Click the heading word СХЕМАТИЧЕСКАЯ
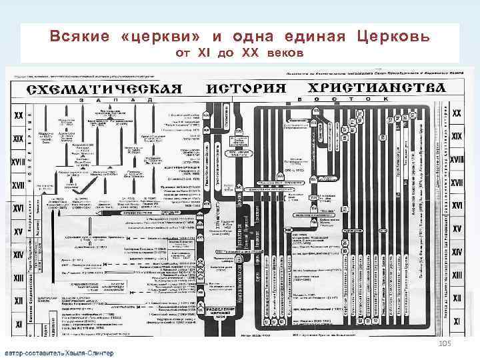(x=105, y=89)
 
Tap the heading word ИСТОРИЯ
(x=245, y=88)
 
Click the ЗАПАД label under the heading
(x=120, y=100)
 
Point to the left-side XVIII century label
(x=18, y=160)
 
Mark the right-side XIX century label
(x=457, y=136)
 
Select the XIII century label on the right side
(x=457, y=275)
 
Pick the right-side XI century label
(x=457, y=322)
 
